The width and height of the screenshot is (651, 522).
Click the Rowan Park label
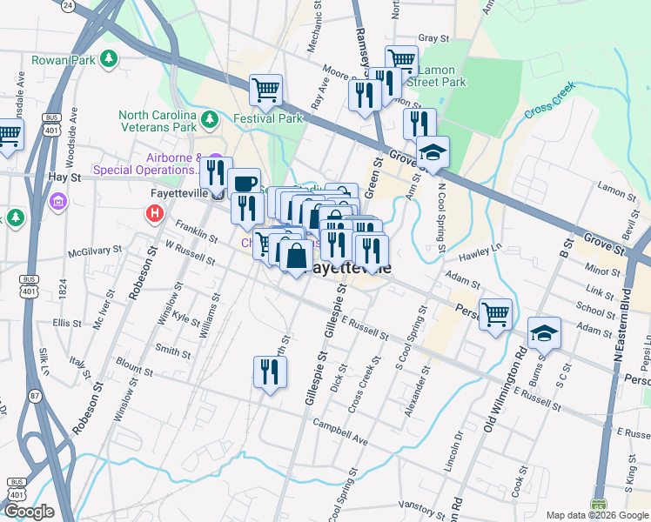tap(62, 60)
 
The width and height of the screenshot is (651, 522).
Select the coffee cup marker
tap(245, 183)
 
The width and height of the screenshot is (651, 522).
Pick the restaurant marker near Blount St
tap(269, 371)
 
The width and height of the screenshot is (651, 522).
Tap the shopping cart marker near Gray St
tap(401, 60)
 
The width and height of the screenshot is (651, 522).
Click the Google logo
tap(29, 512)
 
